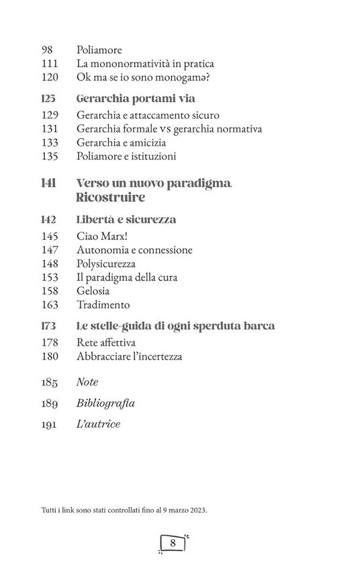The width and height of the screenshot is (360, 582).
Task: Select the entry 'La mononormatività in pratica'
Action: pyautogui.click(x=145, y=64)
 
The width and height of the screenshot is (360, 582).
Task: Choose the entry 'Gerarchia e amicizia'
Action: pyautogui.click(x=122, y=142)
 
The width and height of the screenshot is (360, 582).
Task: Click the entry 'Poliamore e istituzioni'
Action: pyautogui.click(x=126, y=157)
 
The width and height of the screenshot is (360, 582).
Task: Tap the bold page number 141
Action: pyautogui.click(x=48, y=183)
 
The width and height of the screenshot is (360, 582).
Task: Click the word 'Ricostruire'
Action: pyautogui.click(x=111, y=198)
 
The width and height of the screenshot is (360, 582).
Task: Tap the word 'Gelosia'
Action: pyautogui.click(x=93, y=291)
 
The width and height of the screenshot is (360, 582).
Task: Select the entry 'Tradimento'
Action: pyautogui.click(x=103, y=304)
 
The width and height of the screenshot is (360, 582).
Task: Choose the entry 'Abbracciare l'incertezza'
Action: pyautogui.click(x=130, y=356)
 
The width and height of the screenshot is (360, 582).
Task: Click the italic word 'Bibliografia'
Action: pyautogui.click(x=106, y=403)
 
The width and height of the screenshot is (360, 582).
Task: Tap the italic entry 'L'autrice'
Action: pyautogui.click(x=99, y=425)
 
